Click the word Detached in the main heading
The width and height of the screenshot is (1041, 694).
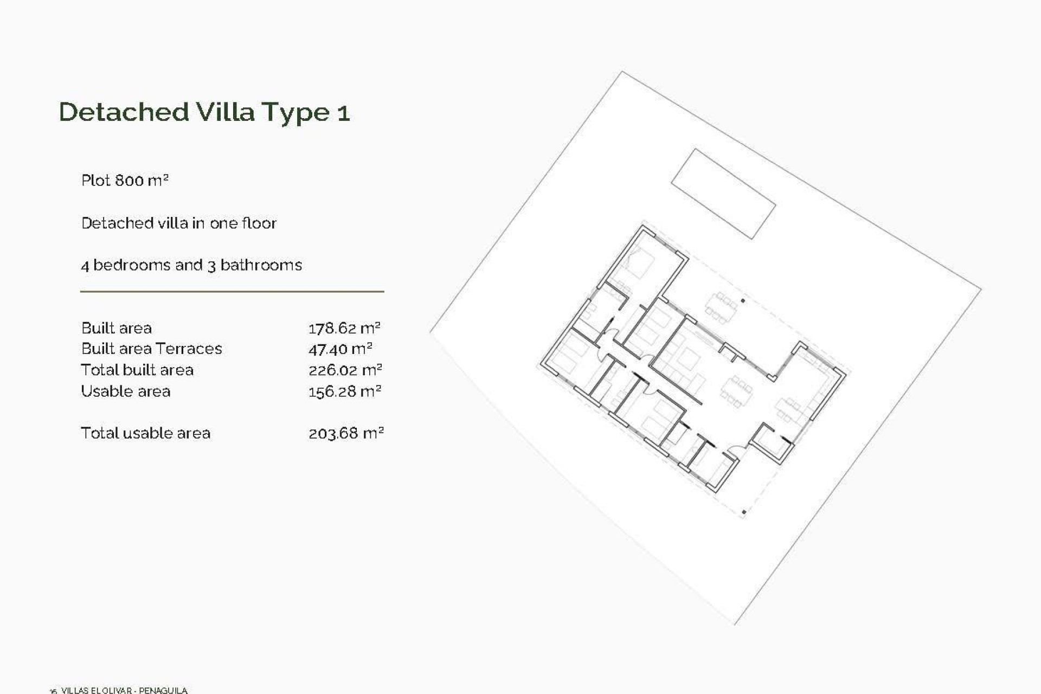tap(124, 112)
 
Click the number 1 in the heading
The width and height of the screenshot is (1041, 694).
tap(344, 114)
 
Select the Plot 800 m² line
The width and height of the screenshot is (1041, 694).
tap(125, 180)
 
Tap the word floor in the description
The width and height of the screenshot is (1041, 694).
tap(259, 223)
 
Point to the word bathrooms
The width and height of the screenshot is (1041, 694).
tap(261, 265)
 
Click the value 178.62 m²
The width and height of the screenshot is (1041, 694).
tap(344, 328)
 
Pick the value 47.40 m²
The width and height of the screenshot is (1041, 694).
tap(340, 349)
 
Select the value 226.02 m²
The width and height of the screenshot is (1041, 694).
tap(345, 370)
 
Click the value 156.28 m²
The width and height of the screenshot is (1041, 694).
tap(345, 391)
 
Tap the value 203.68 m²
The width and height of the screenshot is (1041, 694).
tap(346, 433)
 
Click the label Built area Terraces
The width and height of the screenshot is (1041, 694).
tap(151, 349)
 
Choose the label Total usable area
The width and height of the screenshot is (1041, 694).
tap(145, 433)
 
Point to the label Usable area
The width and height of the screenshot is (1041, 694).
tap(125, 391)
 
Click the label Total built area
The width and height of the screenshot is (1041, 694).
tap(137, 370)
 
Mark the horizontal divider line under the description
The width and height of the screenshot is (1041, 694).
tap(232, 292)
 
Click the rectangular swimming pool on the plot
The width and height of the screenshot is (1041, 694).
tap(723, 194)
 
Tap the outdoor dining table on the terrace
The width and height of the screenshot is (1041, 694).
tap(721, 308)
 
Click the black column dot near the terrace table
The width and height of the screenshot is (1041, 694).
tap(743, 300)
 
